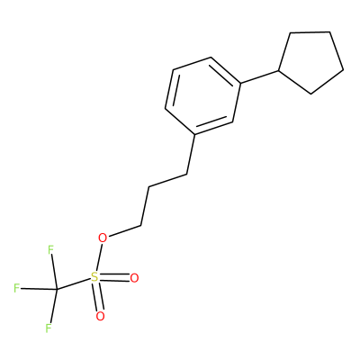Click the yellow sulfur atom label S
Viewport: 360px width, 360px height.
pos(94,277)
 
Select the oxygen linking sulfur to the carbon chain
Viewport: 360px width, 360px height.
pos(103,238)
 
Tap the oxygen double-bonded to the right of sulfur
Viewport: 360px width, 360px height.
pos(134,278)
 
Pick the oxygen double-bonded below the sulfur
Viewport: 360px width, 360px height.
pos(100,316)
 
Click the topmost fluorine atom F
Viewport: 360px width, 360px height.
pos(50,249)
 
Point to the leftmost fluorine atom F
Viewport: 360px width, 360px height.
pos(17,288)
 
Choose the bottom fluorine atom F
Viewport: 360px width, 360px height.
pos(49,328)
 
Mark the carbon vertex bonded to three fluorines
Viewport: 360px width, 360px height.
pos(57,290)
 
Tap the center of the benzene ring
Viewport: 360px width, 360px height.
pos(203,96)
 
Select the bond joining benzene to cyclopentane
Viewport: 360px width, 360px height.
pos(260,77)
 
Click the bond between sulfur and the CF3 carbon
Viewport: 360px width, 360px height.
pos(74,284)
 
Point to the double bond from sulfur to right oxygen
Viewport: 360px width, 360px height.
pos(114,278)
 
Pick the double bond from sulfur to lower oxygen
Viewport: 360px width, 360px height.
pos(98,297)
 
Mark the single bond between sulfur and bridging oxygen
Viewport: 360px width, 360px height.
pos(99,257)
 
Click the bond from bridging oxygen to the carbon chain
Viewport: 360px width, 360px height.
pos(124,230)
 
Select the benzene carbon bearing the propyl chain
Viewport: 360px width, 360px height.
pos(195,135)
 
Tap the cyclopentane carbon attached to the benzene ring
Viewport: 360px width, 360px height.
pos(279,71)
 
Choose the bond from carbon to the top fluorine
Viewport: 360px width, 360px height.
pos(54,272)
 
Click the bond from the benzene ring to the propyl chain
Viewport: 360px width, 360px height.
pos(191,155)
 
